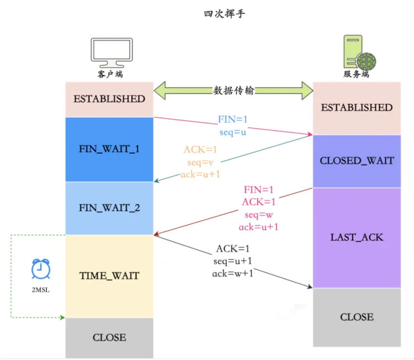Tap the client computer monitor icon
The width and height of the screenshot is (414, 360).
pos(110,53)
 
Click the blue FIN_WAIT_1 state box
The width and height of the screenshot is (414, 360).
pos(109,149)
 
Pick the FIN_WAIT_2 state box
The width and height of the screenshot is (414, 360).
pos(109,208)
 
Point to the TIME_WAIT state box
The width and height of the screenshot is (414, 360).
pos(109,276)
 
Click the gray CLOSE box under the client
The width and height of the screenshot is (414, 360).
pos(109,337)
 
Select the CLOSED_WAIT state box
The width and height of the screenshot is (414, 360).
pos(357,161)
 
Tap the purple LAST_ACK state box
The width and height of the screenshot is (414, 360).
pos(357,237)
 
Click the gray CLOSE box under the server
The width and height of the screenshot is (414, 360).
pos(357,317)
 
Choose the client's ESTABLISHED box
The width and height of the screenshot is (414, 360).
pos(109,99)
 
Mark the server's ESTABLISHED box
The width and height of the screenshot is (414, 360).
pos(357,108)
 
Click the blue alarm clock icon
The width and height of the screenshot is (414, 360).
pos(39,269)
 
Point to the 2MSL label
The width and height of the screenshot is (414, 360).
pos(39,289)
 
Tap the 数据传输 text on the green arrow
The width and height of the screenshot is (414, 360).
pos(233,91)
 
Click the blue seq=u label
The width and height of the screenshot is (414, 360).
pos(233,133)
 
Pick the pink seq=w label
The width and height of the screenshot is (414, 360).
pos(258,214)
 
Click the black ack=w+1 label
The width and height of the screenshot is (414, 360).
pos(233,273)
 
